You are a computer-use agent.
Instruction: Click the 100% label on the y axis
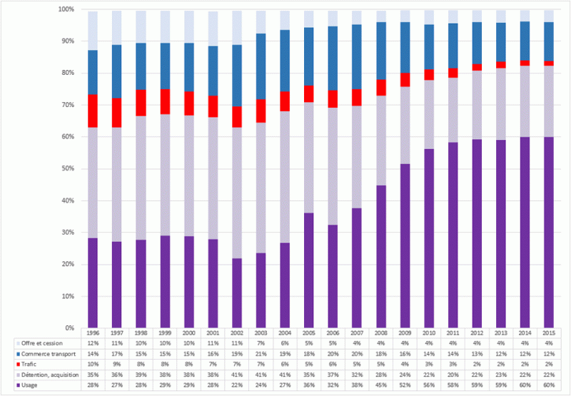pos(64,9)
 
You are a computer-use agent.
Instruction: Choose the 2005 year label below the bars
pos(309,334)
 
